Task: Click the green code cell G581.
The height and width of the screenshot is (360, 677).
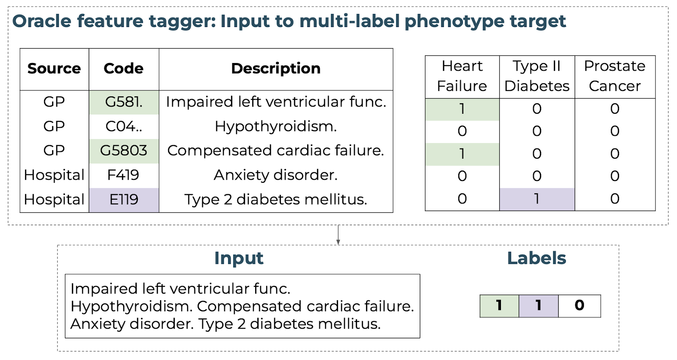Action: tap(124, 102)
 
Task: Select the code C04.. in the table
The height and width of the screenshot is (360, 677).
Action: tap(124, 126)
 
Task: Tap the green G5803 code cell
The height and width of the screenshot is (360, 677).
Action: tap(124, 151)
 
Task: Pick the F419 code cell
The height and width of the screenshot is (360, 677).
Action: tap(123, 175)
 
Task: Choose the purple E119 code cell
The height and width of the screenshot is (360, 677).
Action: tap(124, 200)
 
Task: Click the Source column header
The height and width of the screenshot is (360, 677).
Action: tap(55, 69)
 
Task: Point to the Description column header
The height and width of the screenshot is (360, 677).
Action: tap(276, 69)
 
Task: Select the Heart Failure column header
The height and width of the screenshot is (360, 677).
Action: tap(462, 76)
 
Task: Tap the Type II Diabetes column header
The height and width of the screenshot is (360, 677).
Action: tap(537, 76)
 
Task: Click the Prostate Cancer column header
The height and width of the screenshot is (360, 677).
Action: tap(615, 76)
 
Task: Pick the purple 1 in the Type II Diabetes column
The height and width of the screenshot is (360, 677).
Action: tap(537, 199)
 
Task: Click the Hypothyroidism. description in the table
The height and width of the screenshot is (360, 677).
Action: tap(276, 126)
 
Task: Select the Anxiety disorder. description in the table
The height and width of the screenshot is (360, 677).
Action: tap(275, 175)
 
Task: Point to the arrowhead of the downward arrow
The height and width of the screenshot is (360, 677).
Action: tap(338, 242)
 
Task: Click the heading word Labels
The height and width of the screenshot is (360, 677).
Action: tap(537, 258)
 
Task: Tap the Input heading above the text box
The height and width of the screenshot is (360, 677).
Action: tap(239, 259)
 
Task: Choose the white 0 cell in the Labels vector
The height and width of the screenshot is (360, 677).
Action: tap(579, 306)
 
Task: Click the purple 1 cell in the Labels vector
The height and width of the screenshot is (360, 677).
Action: tap(539, 306)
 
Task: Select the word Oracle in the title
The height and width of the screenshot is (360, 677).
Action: tap(42, 21)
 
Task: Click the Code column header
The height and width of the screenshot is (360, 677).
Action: tap(124, 69)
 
